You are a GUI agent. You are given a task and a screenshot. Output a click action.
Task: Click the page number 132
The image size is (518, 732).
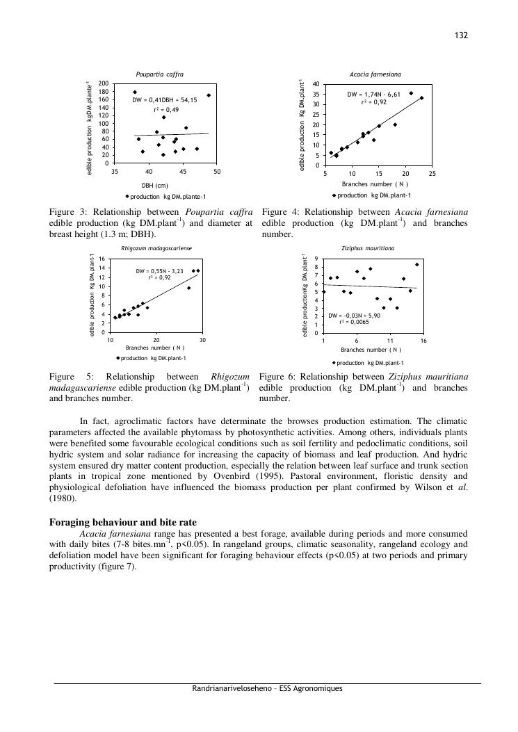coord(460,35)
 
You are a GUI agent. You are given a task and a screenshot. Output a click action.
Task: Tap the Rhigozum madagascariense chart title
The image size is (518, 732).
coord(156,247)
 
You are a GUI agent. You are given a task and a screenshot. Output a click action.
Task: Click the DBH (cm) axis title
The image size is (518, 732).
coord(155,185)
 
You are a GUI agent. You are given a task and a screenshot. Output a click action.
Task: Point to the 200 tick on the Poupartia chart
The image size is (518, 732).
coord(104,83)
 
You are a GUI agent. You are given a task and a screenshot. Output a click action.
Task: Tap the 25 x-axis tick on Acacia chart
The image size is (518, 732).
coord(432,174)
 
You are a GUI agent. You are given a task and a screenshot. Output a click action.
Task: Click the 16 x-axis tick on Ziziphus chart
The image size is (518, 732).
coord(423,341)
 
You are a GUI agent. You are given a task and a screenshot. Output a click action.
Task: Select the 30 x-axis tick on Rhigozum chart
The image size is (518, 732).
coord(202,340)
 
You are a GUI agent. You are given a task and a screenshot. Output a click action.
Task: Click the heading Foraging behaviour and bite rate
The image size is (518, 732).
coord(122,522)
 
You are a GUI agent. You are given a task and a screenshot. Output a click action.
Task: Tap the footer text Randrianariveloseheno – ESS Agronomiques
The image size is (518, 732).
coord(267,689)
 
